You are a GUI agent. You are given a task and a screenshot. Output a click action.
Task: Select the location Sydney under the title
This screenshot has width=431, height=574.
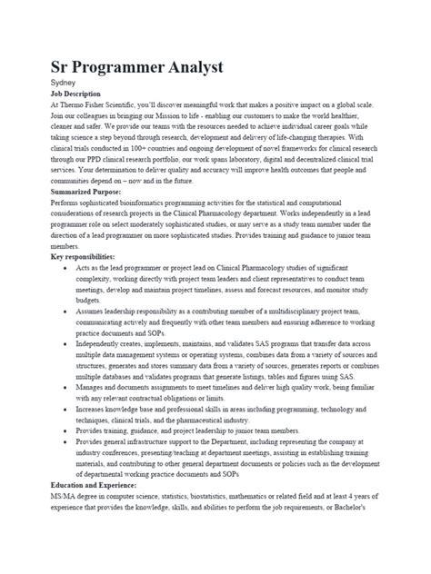[x=64, y=83]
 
